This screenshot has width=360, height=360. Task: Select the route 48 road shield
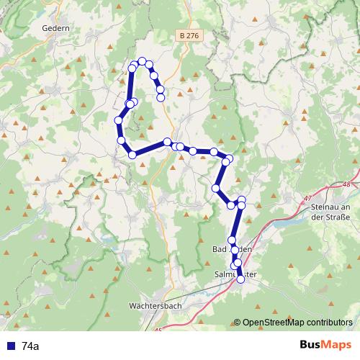(x=348, y=184)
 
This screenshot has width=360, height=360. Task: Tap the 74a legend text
(x=31, y=346)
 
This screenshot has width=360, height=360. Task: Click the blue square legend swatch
(x=10, y=346)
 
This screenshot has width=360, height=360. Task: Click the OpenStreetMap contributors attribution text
(x=298, y=323)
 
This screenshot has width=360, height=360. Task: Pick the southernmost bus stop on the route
(x=240, y=279)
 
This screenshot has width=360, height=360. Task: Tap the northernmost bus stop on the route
(x=143, y=61)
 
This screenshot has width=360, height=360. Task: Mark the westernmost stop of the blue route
(x=118, y=120)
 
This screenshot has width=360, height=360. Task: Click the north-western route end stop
(x=161, y=96)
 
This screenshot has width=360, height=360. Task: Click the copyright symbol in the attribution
(x=238, y=323)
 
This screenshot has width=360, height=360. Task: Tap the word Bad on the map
(x=219, y=249)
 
